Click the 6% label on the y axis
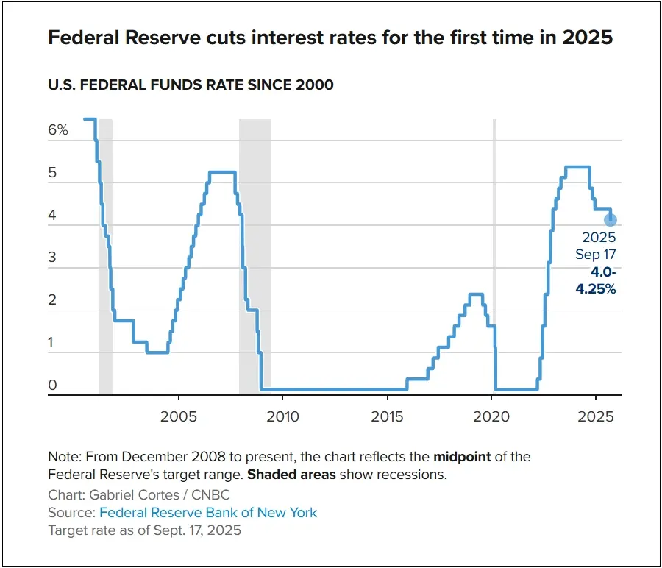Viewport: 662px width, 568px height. point(58,130)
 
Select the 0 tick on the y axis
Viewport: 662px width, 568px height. point(53,386)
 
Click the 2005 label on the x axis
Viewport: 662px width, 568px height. point(178,417)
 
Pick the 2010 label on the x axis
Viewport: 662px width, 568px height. point(282,417)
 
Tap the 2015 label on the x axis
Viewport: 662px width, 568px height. point(387,417)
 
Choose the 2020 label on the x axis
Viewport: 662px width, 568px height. point(491,417)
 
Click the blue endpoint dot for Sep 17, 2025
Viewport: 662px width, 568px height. point(610,219)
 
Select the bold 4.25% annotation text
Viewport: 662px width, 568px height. point(596,289)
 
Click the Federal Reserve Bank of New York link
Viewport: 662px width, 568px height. point(208,512)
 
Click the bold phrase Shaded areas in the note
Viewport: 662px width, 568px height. point(291,475)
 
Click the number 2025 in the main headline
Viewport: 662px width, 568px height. point(586,38)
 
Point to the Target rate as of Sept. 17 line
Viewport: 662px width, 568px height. point(144,530)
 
